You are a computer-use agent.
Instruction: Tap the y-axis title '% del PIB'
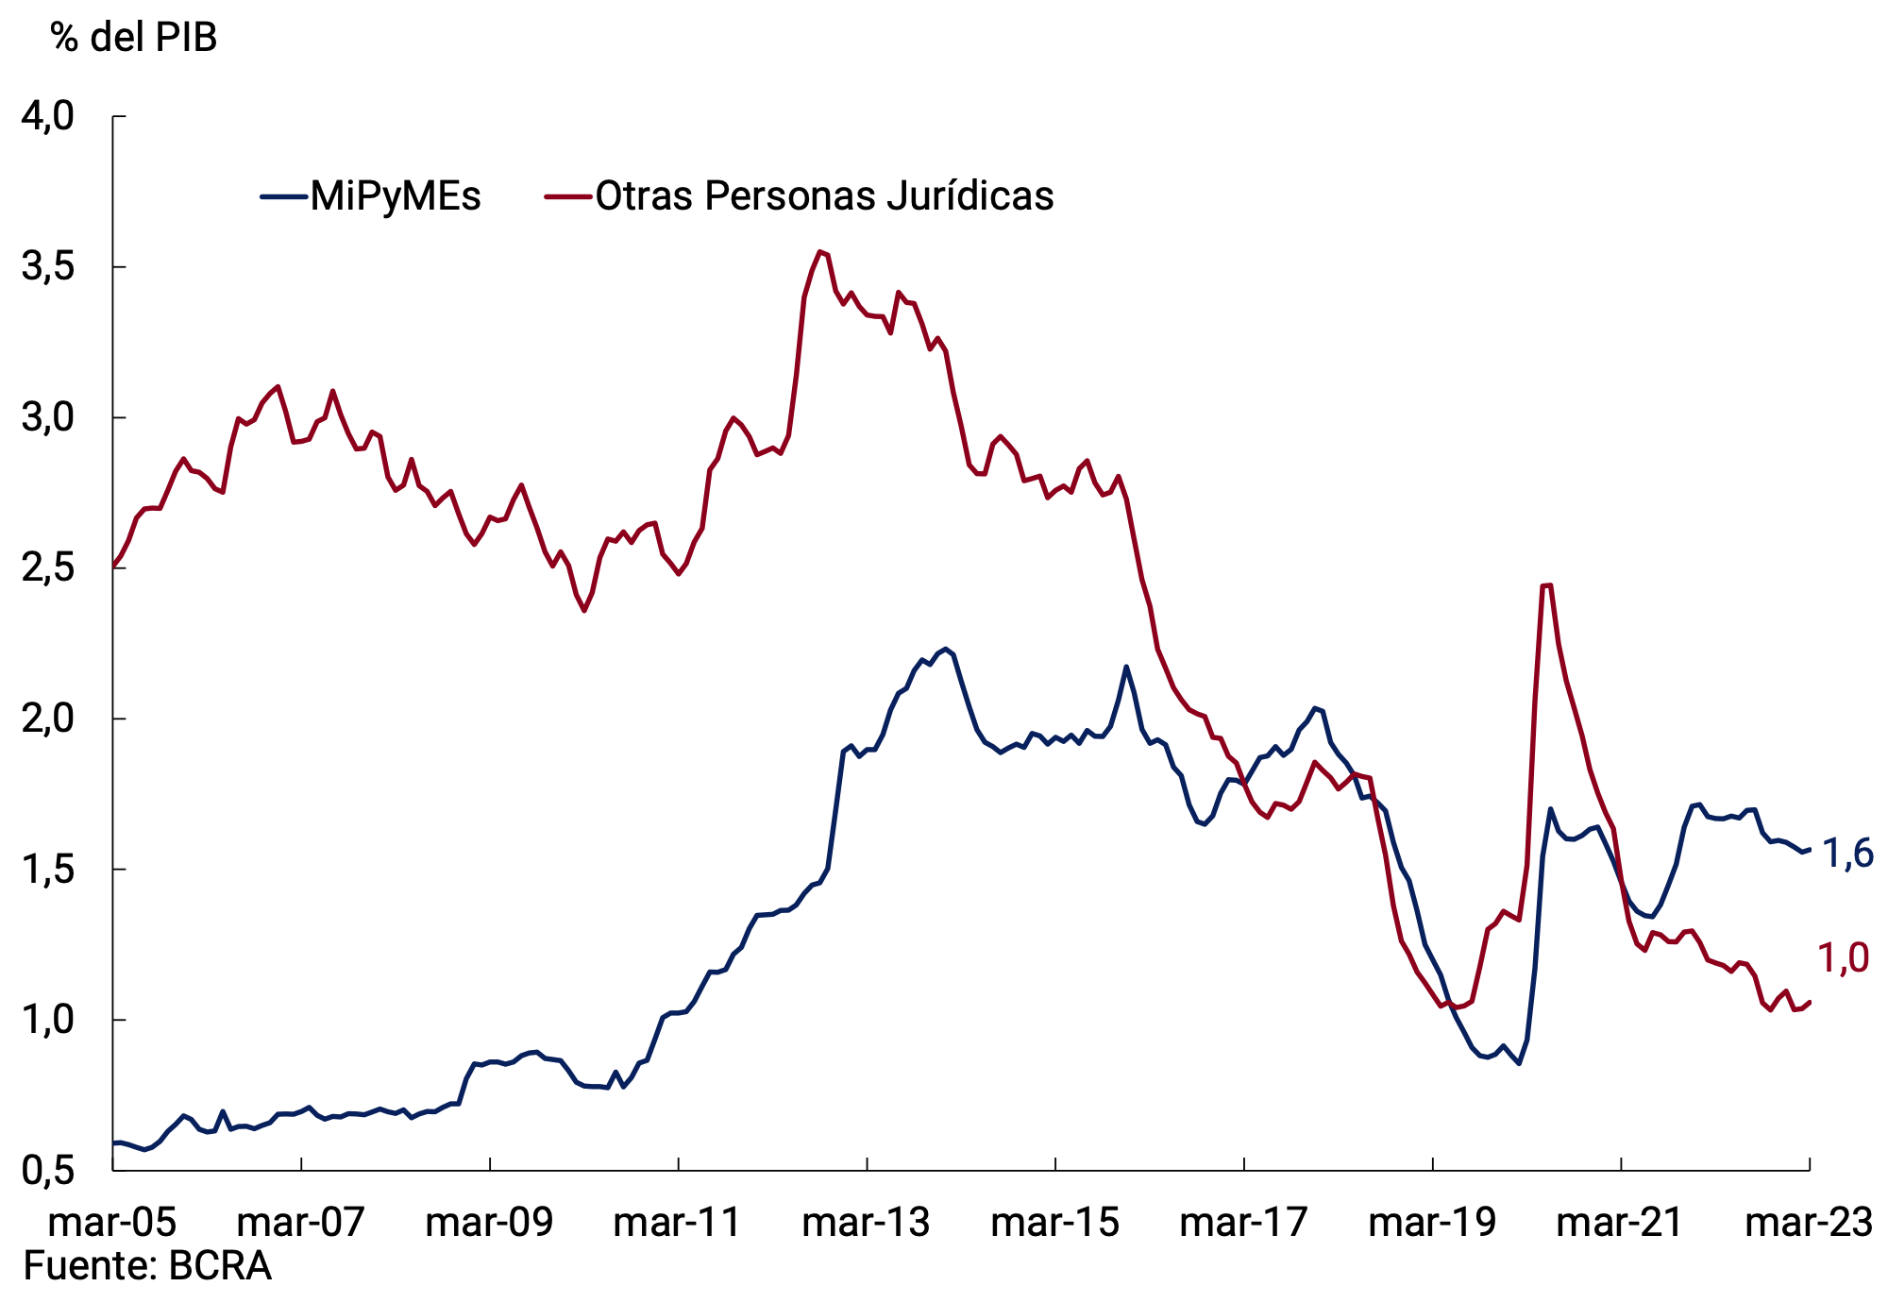click(x=134, y=38)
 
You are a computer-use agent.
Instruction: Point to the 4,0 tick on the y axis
click(x=47, y=116)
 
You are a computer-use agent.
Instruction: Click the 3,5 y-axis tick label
click(x=47, y=267)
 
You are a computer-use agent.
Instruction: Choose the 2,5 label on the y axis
click(x=47, y=568)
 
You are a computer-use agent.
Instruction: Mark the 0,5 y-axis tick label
click(x=47, y=1171)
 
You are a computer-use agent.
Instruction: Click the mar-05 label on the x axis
click(x=112, y=1223)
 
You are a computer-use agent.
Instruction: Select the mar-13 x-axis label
click(x=866, y=1223)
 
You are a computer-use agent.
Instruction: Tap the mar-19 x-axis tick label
click(x=1432, y=1223)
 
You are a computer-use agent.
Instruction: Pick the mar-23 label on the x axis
click(x=1809, y=1223)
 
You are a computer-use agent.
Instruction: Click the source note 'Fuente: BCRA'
click(x=147, y=1266)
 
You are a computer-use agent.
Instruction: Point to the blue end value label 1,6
click(x=1846, y=854)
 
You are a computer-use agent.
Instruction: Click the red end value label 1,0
click(x=1843, y=958)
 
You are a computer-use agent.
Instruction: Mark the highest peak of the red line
click(x=820, y=251)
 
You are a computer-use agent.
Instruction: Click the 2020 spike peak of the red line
click(x=1546, y=585)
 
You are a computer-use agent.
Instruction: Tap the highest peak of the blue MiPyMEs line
click(x=946, y=649)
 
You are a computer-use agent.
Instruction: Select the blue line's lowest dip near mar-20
click(x=1519, y=1064)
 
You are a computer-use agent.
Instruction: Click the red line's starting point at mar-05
click(x=113, y=567)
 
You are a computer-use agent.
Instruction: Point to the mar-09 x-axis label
click(x=489, y=1223)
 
